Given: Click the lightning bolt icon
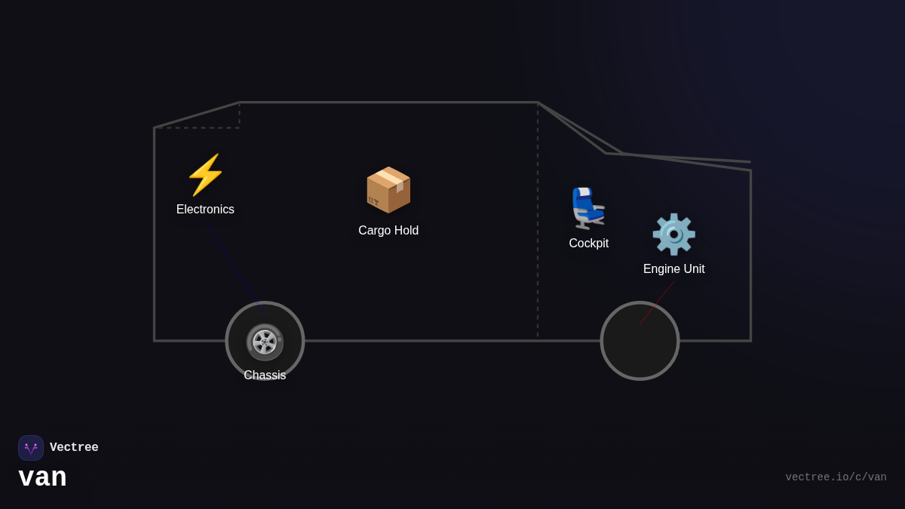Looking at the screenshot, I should coord(205,175).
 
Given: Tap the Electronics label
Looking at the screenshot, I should coord(205,210).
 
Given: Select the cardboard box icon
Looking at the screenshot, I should coord(388,190).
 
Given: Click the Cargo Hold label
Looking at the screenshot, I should coord(388,231).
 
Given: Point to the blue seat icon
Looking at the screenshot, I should coord(587,208).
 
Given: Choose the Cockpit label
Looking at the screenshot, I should coord(588,244).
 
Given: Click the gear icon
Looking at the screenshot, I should coord(673,235).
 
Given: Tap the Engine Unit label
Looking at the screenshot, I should coord(673,269).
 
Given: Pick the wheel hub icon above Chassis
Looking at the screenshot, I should coord(265,342).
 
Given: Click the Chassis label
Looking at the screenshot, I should coord(265,376).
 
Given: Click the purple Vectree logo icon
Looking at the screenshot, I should coord(31,448).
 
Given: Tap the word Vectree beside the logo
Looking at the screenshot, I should coord(74,448).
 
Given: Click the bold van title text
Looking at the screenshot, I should coord(43,477).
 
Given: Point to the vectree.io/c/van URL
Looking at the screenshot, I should coord(836,477).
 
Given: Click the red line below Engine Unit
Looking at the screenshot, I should coord(658,302).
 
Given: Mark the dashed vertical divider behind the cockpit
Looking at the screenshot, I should coord(538,226).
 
